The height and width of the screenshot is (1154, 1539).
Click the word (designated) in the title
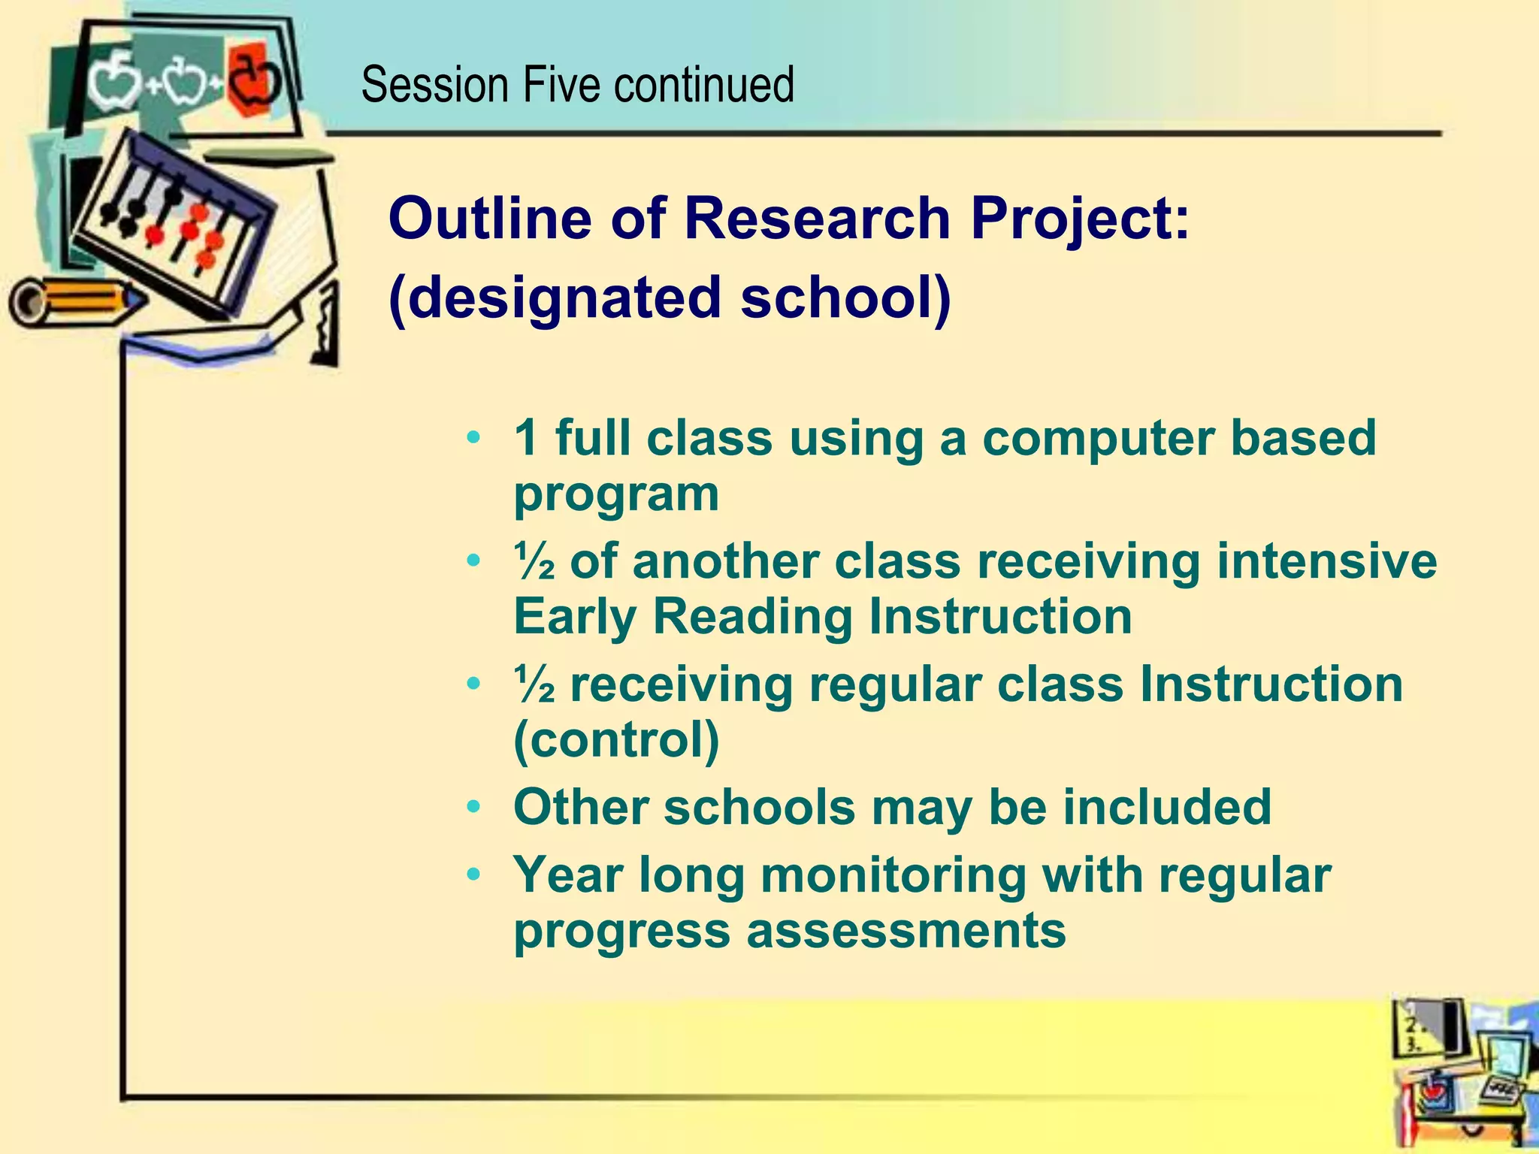pos(555,298)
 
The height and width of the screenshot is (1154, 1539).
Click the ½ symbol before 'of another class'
pos(535,562)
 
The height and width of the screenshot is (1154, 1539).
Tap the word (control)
pos(616,740)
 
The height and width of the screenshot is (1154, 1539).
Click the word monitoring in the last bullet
pos(893,876)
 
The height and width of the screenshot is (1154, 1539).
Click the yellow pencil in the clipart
pos(75,301)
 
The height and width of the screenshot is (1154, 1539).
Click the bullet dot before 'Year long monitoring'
pos(473,876)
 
